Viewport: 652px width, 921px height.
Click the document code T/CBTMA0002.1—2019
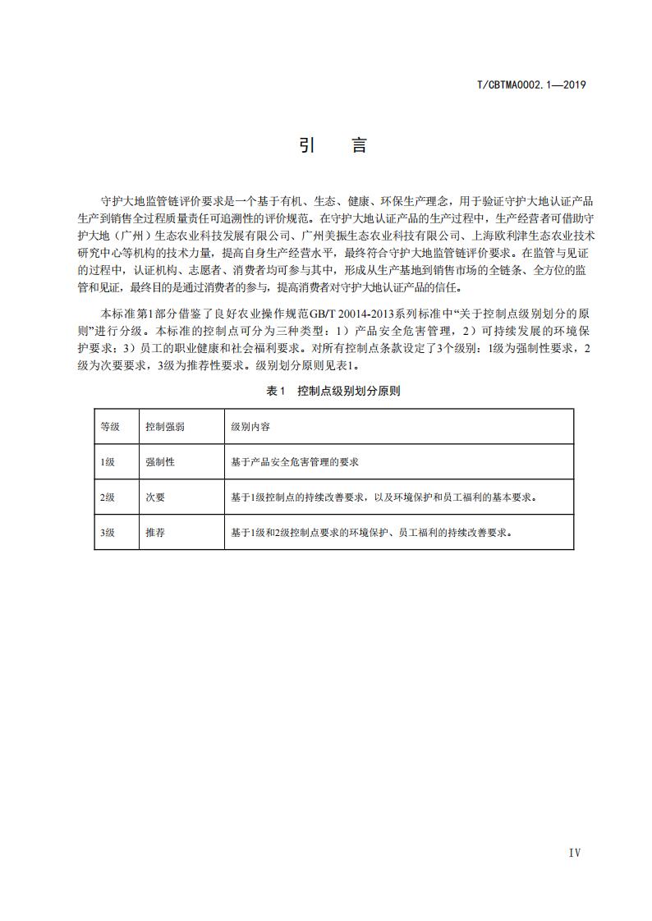(x=530, y=85)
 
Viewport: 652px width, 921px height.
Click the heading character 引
(x=308, y=146)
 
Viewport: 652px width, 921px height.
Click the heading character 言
(x=359, y=146)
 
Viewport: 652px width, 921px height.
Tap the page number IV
(x=574, y=853)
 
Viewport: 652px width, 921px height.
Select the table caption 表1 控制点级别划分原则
(x=333, y=392)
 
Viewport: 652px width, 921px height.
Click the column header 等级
(x=109, y=427)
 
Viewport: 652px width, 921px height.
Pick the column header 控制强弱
(x=164, y=427)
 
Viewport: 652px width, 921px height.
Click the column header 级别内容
(x=250, y=427)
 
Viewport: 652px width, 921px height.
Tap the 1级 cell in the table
(x=108, y=462)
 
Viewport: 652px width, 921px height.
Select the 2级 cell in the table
(x=108, y=497)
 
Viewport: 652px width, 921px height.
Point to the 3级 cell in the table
(x=108, y=533)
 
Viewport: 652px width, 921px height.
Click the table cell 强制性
(x=160, y=462)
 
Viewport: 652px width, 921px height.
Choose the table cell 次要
(x=155, y=497)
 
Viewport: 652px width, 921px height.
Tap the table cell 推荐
(x=155, y=533)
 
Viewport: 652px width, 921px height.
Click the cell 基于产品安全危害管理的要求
(x=296, y=462)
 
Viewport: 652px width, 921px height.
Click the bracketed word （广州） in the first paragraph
(x=131, y=236)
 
